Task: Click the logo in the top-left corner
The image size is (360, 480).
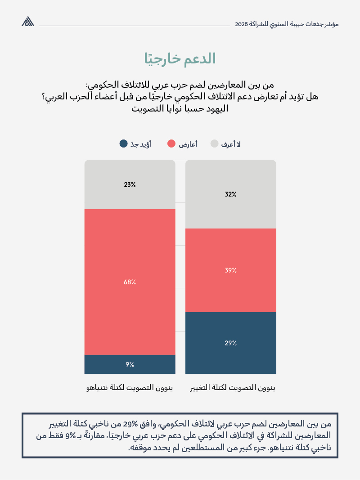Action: pyautogui.click(x=28, y=22)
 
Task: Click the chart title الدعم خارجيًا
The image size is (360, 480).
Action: pyautogui.click(x=180, y=59)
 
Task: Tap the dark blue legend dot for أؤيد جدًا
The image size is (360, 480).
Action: pyautogui.click(x=123, y=144)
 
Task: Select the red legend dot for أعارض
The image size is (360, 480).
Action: pyautogui.click(x=171, y=144)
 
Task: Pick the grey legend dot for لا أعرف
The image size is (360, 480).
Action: pyautogui.click(x=214, y=144)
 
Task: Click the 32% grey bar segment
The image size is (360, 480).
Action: pyautogui.click(x=231, y=211)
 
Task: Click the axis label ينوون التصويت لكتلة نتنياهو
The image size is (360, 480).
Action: pyautogui.click(x=130, y=387)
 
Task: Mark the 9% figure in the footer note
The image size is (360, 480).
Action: pyautogui.click(x=71, y=435)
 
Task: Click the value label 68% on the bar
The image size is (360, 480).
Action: pyautogui.click(x=130, y=282)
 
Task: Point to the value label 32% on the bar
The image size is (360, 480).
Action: pyautogui.click(x=231, y=194)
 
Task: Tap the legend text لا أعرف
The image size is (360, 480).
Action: pyautogui.click(x=231, y=144)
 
